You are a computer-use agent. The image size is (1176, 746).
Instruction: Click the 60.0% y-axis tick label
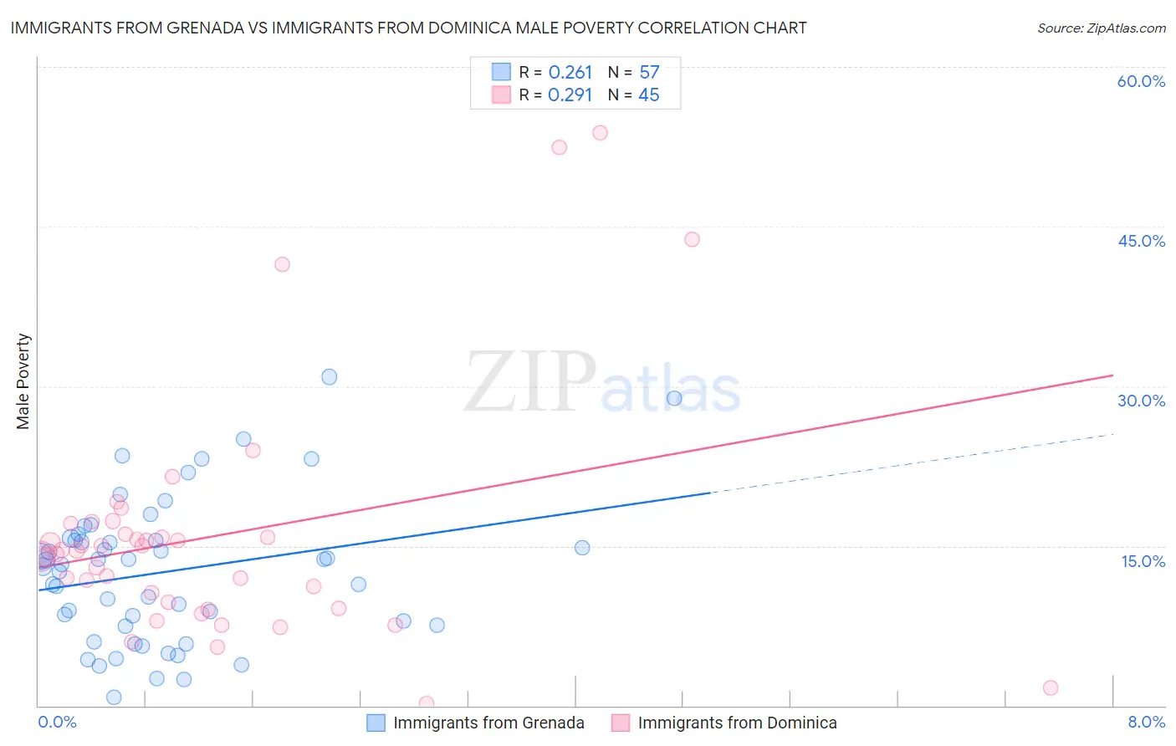(x=1141, y=81)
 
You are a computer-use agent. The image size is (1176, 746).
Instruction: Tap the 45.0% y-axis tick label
(x=1141, y=241)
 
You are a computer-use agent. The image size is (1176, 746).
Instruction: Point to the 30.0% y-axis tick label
(x=1141, y=401)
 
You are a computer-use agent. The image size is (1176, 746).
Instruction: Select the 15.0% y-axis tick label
(x=1143, y=561)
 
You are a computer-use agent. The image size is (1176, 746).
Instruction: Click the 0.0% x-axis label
(x=57, y=722)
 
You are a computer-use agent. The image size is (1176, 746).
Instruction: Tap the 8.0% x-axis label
(x=1146, y=722)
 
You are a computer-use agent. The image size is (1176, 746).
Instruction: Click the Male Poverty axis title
(x=23, y=381)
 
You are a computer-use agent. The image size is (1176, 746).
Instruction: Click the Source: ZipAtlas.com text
(x=1101, y=28)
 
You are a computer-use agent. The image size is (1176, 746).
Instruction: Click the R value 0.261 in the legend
(x=570, y=73)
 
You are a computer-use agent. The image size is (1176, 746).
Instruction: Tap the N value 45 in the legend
(x=649, y=95)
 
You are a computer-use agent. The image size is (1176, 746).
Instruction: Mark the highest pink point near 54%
(x=600, y=133)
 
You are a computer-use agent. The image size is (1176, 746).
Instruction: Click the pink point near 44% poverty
(x=692, y=239)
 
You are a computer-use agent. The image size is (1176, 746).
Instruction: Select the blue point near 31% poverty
(x=330, y=377)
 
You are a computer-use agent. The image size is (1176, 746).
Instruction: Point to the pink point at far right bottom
(x=1051, y=687)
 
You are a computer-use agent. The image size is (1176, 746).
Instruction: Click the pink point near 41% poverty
(x=282, y=264)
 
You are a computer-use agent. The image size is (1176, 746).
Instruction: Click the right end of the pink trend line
(x=1112, y=376)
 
